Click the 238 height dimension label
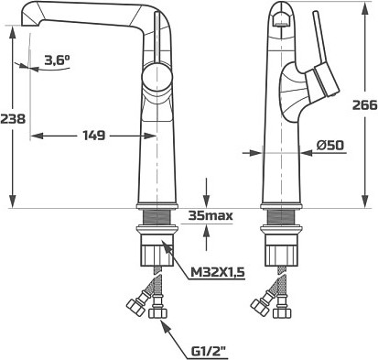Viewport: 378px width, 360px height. [13, 118]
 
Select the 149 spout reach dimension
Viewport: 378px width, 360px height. [94, 136]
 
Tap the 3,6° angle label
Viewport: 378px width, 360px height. [57, 60]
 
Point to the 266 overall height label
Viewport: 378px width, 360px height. [365, 105]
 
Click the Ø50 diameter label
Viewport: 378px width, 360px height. [330, 145]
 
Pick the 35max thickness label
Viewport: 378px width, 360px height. [211, 215]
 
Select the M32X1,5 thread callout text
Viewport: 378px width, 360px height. [218, 272]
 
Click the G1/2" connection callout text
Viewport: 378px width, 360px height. [211, 352]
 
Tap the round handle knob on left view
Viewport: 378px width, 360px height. [157, 77]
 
